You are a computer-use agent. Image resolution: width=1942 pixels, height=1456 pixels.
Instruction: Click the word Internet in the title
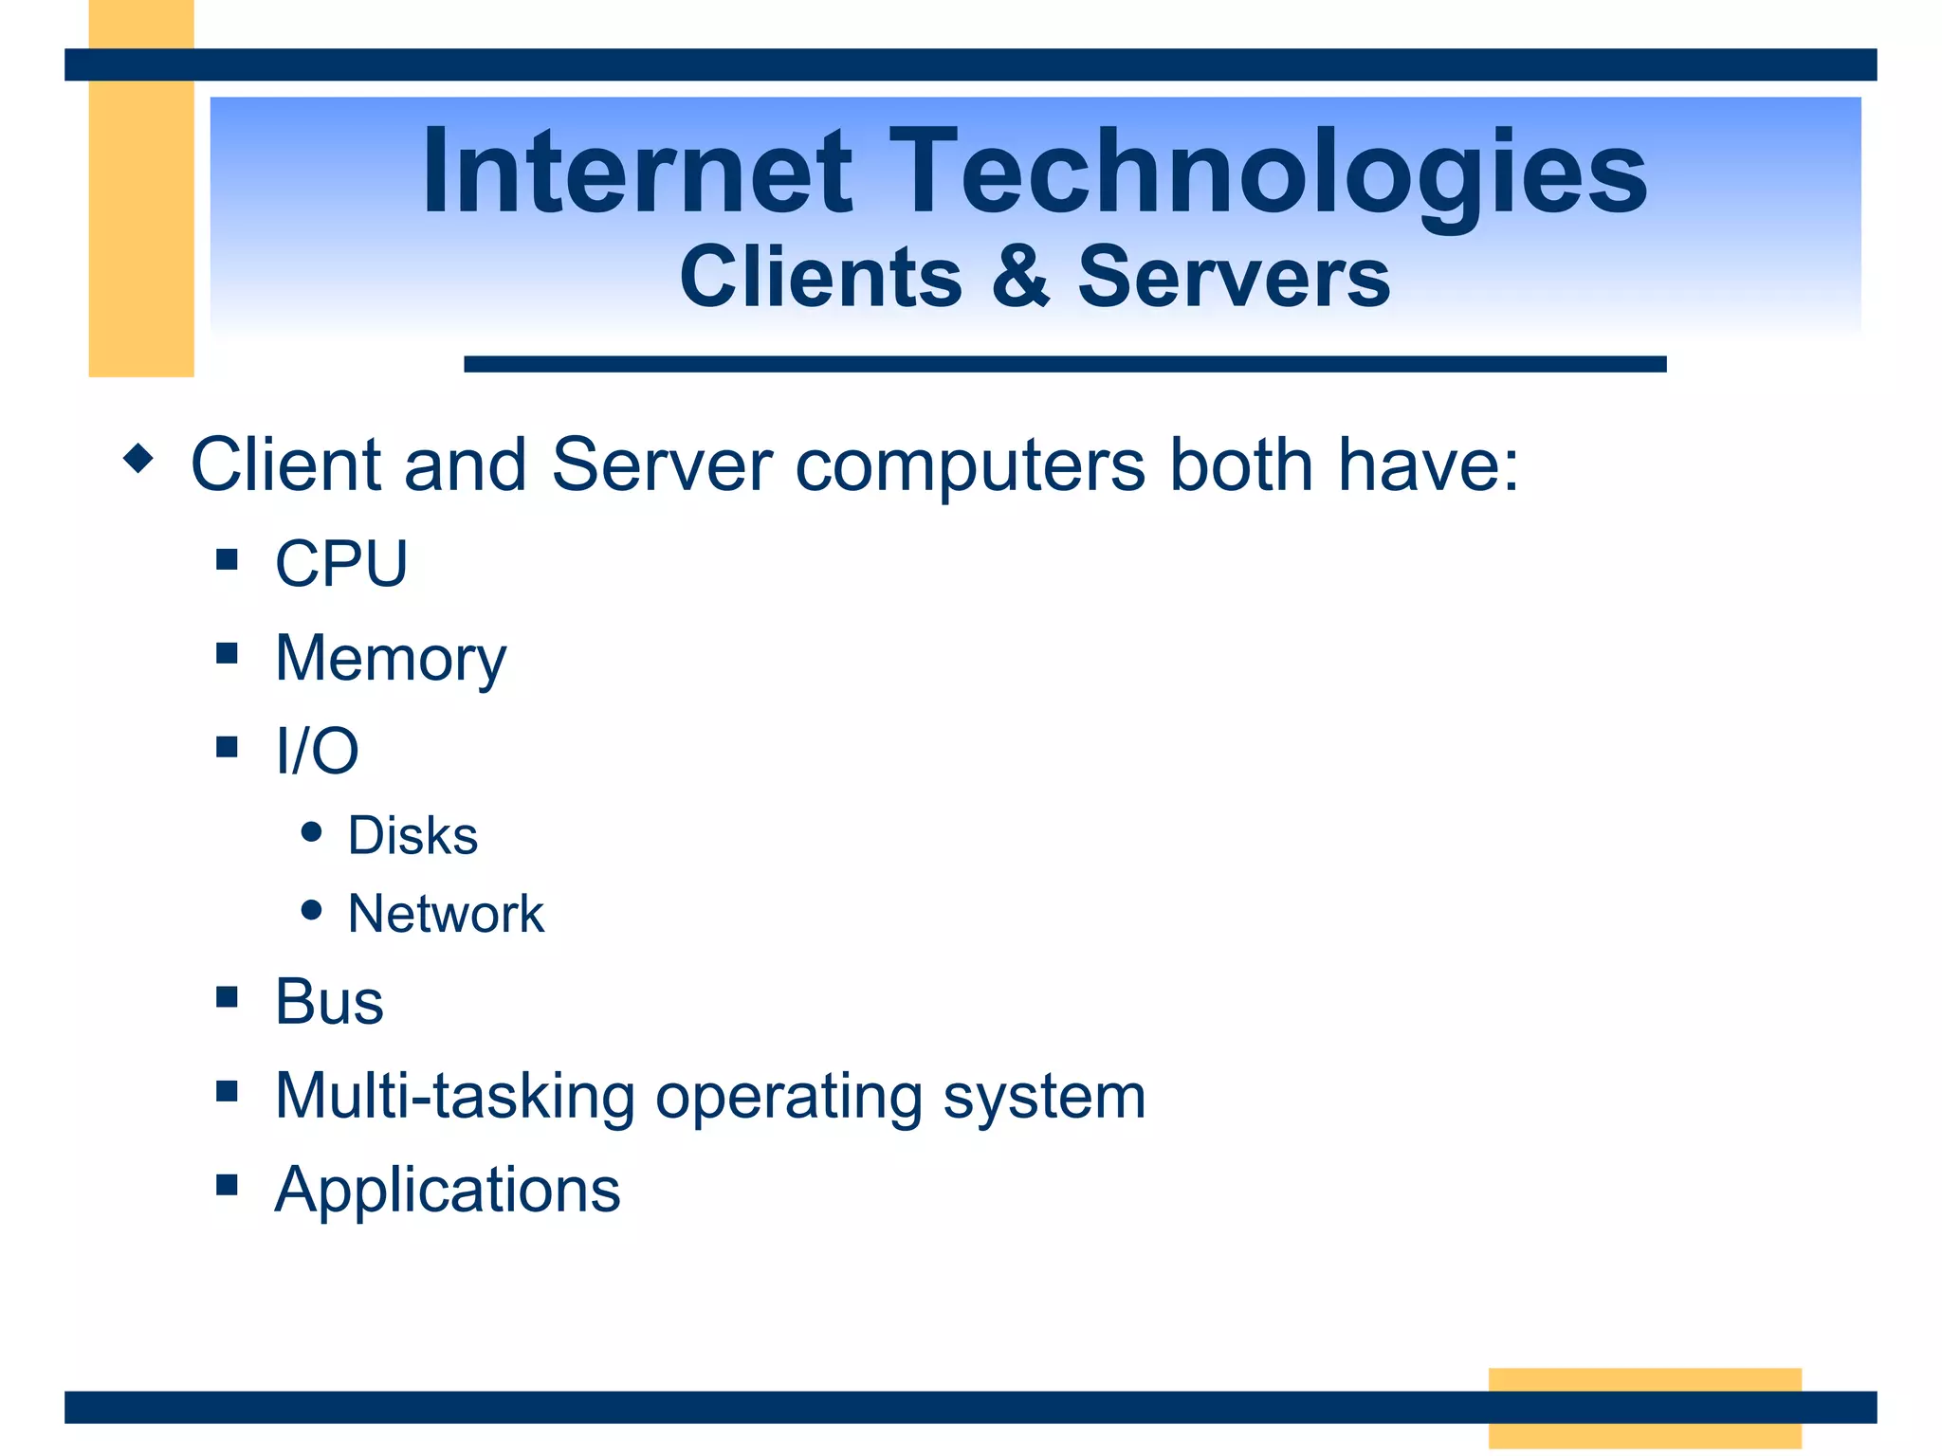coord(636,172)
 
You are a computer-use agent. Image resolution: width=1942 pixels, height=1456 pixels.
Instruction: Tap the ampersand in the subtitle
coord(1020,276)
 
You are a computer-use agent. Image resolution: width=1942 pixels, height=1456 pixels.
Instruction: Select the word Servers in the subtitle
coord(1234,276)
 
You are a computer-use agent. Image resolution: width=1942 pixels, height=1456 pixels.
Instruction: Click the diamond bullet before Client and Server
coord(138,459)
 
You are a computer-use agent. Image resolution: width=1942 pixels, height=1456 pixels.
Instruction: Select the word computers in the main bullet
coord(970,464)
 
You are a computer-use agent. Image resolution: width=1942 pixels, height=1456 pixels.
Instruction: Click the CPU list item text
coord(341,563)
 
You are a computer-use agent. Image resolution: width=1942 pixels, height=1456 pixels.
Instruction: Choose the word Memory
coord(391,659)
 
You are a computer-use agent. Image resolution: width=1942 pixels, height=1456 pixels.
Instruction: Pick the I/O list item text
coord(317,751)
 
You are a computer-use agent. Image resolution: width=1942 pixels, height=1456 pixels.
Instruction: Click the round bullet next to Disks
coord(311,832)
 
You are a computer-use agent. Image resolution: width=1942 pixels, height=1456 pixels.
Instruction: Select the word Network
coord(446,914)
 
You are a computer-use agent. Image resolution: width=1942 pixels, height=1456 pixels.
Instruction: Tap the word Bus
coord(329,1001)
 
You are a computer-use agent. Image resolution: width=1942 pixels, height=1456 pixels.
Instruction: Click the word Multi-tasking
coord(455,1096)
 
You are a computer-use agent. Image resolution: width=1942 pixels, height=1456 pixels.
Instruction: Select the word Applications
coord(448,1190)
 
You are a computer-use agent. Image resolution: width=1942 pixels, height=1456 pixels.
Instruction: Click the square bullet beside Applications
coord(227,1184)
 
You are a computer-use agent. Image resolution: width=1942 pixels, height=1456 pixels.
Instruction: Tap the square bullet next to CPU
coord(227,559)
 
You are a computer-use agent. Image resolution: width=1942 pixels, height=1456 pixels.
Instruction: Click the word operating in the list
coord(788,1098)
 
